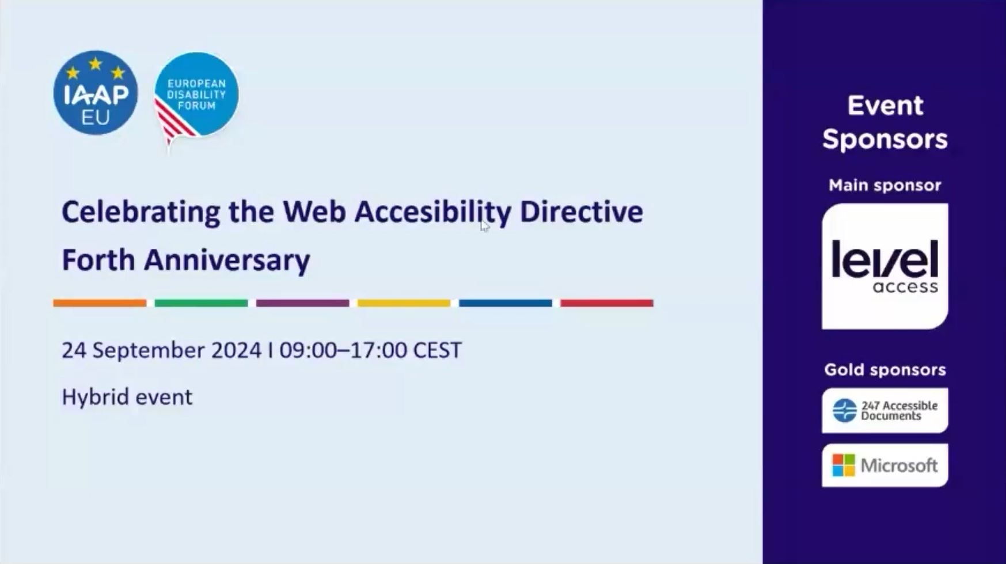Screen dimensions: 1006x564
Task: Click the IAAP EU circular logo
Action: coord(96,93)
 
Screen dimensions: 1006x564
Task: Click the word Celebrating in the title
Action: coord(141,212)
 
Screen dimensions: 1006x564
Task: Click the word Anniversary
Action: coord(227,260)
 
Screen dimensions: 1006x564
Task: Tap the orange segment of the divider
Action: coord(100,303)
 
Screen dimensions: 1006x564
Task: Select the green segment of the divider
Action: coord(201,303)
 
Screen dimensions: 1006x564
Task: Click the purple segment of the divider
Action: coord(302,303)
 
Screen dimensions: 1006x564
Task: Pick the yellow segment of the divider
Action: coord(404,303)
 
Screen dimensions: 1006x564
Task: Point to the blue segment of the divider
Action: coord(505,303)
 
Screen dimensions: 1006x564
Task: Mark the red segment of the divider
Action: coord(606,303)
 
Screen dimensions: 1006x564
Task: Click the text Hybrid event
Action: coord(127,397)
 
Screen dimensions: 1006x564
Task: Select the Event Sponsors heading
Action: coord(884,122)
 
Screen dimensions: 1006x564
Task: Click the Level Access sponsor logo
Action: coord(884,266)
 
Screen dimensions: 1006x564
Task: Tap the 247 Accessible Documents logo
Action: coord(884,410)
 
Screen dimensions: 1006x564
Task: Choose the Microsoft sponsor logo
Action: coord(884,465)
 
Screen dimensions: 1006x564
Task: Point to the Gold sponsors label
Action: coord(884,370)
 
